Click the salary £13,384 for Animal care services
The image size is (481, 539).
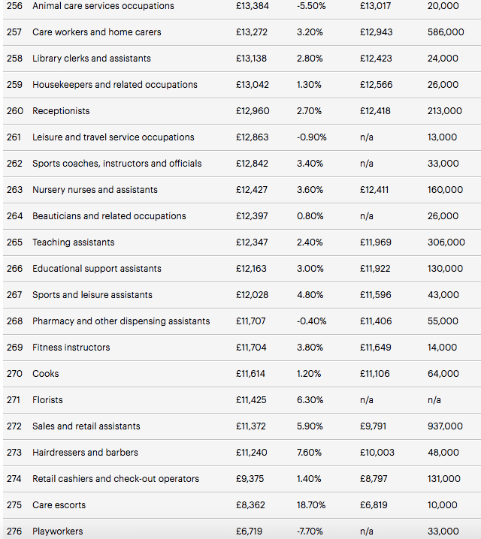click(x=253, y=6)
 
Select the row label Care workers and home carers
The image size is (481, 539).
click(x=96, y=32)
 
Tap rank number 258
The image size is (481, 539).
click(x=14, y=59)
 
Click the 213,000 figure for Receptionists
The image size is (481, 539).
click(x=445, y=111)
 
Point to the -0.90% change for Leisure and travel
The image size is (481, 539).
click(x=312, y=137)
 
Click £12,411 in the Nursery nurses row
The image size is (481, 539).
click(x=374, y=190)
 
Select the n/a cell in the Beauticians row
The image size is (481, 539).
click(x=367, y=216)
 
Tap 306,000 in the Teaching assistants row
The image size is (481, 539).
click(x=446, y=242)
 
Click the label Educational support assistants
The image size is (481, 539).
click(x=96, y=269)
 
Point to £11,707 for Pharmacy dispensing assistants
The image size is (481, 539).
click(x=251, y=321)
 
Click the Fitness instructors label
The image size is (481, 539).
click(x=71, y=348)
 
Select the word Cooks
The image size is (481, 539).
click(x=45, y=374)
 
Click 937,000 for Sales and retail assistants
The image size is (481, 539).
click(x=445, y=426)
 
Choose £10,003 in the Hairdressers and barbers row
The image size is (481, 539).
click(x=377, y=453)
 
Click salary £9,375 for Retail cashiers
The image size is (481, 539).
click(x=250, y=479)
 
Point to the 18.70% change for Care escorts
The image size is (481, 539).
click(x=312, y=505)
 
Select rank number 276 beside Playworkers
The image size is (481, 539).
click(x=14, y=531)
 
